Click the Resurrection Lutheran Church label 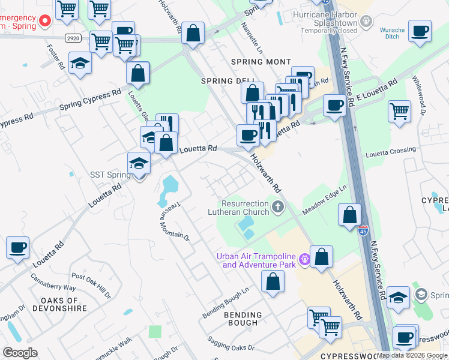click(x=246, y=207)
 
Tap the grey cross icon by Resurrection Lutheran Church click(x=277, y=208)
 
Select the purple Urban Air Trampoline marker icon click(x=304, y=260)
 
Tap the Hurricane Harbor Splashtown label click(x=325, y=18)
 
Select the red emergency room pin click(x=44, y=22)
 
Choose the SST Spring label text click(x=110, y=175)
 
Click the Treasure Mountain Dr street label click(x=174, y=220)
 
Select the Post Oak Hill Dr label click(x=91, y=286)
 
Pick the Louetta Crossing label click(x=393, y=150)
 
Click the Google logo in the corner click(x=20, y=353)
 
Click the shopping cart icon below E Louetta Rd click(x=399, y=111)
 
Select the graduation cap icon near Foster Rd click(x=80, y=64)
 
